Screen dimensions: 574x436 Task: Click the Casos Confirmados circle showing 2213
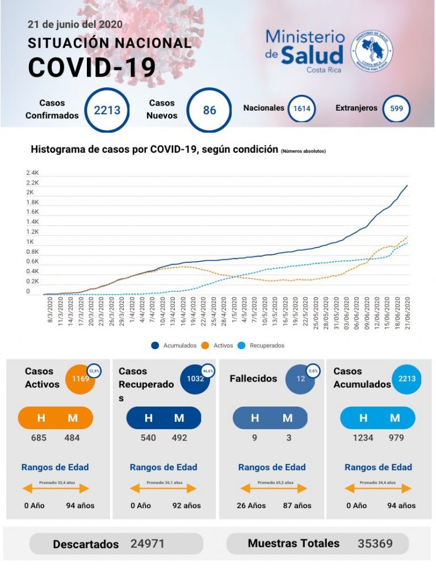107,110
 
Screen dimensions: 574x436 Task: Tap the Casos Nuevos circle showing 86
209,110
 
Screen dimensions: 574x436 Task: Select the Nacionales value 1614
301,108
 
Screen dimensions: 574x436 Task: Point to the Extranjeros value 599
396,108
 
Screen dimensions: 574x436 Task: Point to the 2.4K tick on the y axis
32,173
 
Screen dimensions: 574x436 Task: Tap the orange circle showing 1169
80,378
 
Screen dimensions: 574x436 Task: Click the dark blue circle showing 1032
195,379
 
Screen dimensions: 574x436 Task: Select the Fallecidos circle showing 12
300,379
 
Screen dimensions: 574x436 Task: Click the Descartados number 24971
148,543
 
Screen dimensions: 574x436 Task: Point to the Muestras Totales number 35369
375,543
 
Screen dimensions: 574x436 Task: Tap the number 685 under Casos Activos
39,438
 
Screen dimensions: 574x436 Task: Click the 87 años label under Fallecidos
297,505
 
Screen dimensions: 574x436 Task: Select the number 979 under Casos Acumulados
396,438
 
